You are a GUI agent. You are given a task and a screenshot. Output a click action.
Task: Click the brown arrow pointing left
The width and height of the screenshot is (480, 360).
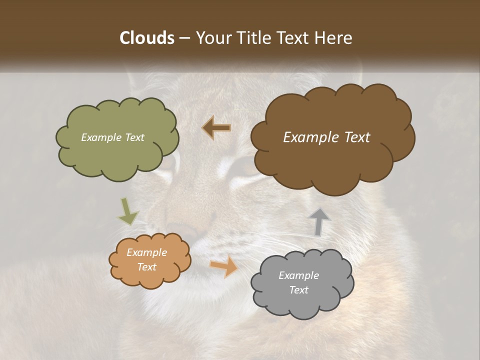point(216,128)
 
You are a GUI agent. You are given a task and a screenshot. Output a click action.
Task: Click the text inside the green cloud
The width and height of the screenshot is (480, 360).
point(112,137)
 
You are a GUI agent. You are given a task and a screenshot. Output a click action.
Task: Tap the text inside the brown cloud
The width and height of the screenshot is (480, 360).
point(326,137)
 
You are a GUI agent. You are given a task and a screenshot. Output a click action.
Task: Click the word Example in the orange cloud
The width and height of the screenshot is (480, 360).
point(146,252)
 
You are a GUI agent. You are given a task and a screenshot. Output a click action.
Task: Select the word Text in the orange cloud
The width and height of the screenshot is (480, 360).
point(146,267)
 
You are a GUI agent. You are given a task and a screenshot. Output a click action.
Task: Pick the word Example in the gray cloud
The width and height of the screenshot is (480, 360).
point(298,275)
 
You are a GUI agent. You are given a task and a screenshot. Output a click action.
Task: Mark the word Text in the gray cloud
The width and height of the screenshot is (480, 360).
point(298,290)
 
